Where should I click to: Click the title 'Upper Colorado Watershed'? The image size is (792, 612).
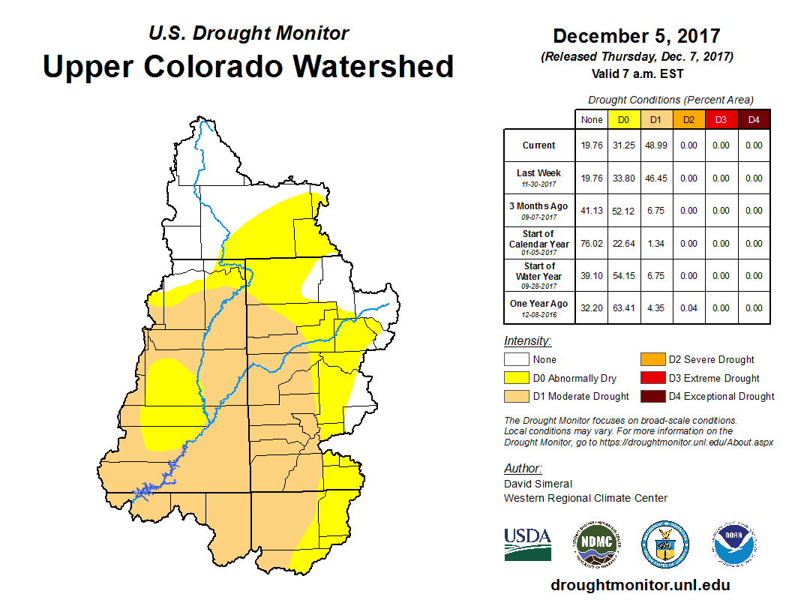[248, 66]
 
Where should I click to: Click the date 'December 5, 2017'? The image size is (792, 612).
[636, 36]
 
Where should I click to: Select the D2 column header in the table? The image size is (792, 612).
[688, 119]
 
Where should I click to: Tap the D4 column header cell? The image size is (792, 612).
[754, 119]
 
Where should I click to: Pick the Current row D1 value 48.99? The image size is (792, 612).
[655, 145]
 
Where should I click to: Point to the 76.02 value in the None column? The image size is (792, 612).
[592, 244]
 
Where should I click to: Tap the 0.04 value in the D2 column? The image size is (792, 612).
[688, 308]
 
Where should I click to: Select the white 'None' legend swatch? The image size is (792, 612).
[517, 360]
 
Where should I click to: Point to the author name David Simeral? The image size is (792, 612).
[538, 484]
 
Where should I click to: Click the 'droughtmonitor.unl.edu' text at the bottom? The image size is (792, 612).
[640, 585]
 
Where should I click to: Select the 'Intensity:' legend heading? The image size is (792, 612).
[527, 341]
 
